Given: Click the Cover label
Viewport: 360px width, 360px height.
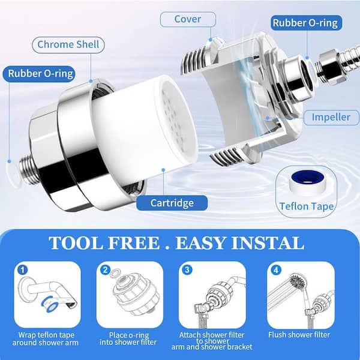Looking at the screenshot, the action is pos(188,19).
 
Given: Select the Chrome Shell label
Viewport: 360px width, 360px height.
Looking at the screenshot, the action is pos(68,44).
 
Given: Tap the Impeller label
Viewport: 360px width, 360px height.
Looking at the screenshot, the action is pos(331,118).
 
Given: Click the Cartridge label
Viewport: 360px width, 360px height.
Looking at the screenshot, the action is pos(172,203).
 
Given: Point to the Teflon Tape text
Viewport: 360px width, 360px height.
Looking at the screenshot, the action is pos(307,206).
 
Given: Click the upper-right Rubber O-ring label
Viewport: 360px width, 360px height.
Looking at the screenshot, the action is pos(305,23).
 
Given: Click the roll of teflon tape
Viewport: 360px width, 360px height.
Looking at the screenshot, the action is pos(307,181).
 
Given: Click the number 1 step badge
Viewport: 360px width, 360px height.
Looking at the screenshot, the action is pos(23,270).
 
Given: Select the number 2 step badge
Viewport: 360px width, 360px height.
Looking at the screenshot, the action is pos(105,270).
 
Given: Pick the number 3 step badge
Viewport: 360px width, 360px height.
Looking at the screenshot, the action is pos(187,269).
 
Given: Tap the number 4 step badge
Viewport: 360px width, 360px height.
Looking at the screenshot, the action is pos(276,270).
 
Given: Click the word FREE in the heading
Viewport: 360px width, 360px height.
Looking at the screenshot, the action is pos(134,243).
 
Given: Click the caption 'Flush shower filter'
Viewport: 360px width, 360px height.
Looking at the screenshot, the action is pos(299,335).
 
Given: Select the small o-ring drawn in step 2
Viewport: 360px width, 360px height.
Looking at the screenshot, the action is pos(115,273).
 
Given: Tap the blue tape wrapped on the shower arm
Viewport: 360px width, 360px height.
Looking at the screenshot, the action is pos(49,305).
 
